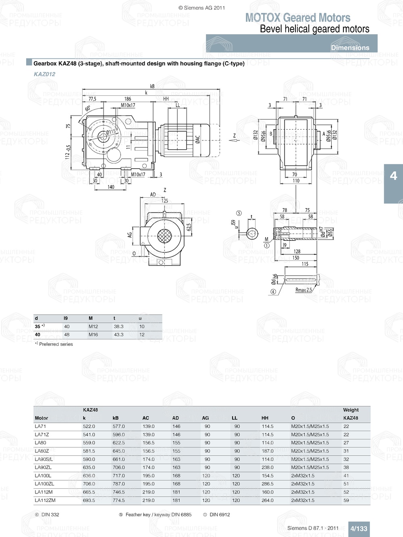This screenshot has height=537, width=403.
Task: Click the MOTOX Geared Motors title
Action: [297, 18]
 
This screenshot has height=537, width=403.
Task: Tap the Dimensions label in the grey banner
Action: [350, 48]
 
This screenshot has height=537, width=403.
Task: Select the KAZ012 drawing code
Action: [44, 74]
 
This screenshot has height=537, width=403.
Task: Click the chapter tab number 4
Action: [393, 176]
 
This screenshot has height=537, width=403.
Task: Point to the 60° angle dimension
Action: [87, 109]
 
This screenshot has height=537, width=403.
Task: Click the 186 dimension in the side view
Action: [127, 99]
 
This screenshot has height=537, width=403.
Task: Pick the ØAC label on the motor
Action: [197, 139]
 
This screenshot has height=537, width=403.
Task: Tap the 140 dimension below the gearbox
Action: [111, 187]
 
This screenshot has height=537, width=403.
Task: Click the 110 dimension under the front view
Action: [296, 181]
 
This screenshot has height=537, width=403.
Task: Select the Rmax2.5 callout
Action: [303, 290]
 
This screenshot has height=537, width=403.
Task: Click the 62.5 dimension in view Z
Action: [189, 227]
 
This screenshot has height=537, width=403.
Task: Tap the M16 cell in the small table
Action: [93, 335]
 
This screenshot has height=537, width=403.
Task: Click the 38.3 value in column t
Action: [118, 326]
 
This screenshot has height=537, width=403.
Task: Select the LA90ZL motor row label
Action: [43, 467]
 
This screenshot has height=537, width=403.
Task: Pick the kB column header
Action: [116, 418]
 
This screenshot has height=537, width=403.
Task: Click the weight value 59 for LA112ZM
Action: [346, 500]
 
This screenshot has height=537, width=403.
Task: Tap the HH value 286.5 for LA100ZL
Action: [267, 484]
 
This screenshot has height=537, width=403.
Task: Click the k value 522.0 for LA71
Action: [89, 426]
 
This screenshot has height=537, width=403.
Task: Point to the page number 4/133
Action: [358, 529]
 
